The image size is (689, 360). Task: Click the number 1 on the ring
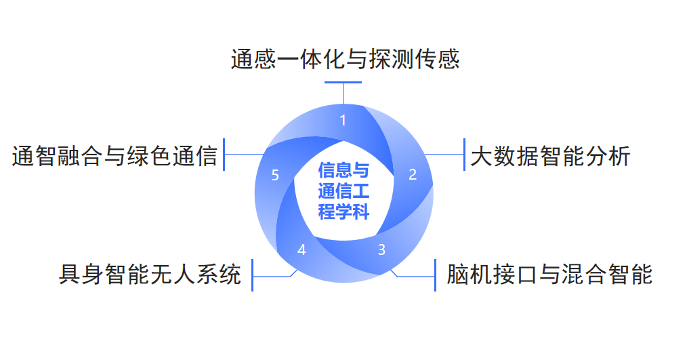pyautogui.click(x=343, y=121)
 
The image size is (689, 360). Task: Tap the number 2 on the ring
pyautogui.click(x=413, y=174)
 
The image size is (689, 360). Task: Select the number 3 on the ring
pyautogui.click(x=381, y=249)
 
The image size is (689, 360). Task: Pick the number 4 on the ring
pyautogui.click(x=301, y=249)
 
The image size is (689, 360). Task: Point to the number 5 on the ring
pyautogui.click(x=274, y=176)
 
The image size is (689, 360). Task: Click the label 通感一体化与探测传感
pyautogui.click(x=345, y=59)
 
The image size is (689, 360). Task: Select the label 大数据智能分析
pyautogui.click(x=550, y=156)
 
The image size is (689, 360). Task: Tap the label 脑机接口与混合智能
pyautogui.click(x=549, y=275)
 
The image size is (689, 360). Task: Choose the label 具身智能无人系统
pyautogui.click(x=150, y=275)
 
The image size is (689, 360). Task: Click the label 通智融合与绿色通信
pyautogui.click(x=114, y=156)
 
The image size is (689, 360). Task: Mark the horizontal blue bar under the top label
pyautogui.click(x=343, y=82)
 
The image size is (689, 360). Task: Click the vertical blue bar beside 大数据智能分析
pyautogui.click(x=464, y=155)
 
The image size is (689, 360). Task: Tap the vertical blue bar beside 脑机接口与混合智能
pyautogui.click(x=435, y=275)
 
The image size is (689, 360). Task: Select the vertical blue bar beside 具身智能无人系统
pyautogui.click(x=252, y=275)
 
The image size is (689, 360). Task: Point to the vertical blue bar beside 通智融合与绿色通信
pyautogui.click(x=224, y=155)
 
